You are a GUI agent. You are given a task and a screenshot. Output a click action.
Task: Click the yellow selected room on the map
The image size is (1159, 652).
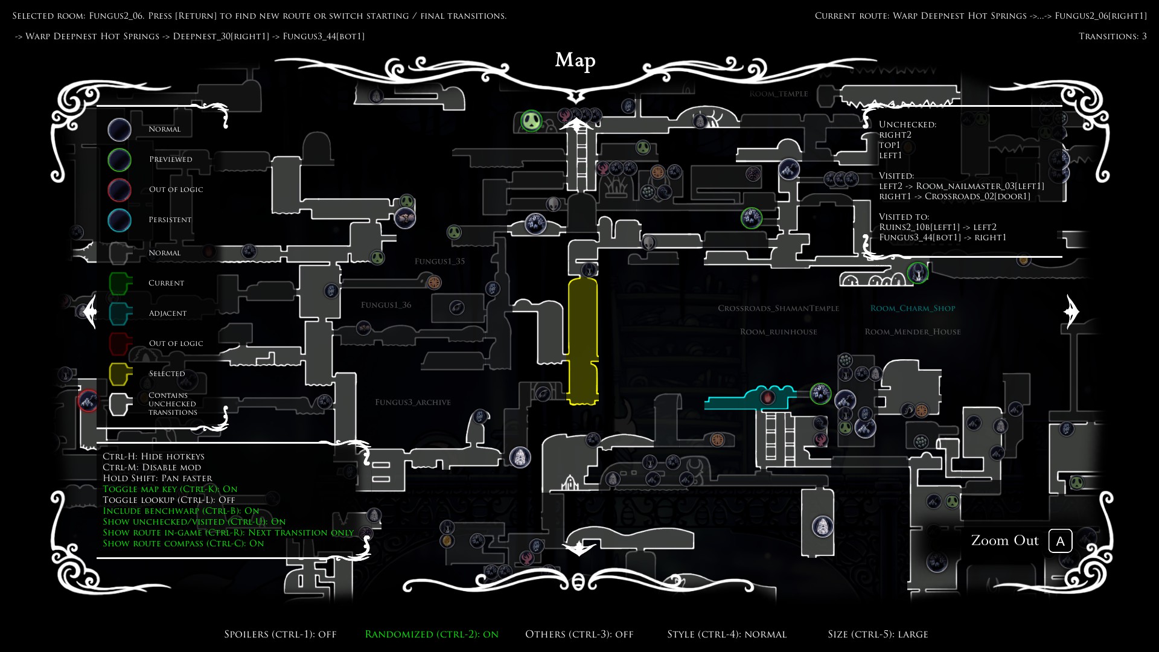point(583,341)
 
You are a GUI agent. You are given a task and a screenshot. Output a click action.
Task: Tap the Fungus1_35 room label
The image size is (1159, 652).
point(439,261)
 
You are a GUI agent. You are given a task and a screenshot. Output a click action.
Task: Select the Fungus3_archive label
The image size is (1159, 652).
point(413,402)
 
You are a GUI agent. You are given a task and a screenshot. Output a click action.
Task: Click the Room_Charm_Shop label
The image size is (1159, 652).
point(913,308)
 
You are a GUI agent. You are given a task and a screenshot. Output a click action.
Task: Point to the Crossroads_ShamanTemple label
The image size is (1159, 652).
point(778,308)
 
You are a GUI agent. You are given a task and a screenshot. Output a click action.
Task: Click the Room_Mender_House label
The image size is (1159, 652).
point(912,332)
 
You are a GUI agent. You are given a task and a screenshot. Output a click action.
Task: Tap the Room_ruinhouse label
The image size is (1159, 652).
point(778,332)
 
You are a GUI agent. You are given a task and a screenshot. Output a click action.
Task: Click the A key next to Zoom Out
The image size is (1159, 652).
point(1060,541)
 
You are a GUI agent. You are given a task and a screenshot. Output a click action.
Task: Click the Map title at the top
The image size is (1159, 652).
point(575,60)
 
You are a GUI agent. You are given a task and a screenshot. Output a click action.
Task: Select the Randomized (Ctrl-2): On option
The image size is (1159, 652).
point(432,634)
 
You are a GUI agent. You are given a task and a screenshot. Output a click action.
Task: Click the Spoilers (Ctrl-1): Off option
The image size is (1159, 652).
point(280,634)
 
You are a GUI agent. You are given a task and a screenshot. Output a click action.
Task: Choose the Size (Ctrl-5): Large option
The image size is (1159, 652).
point(878,634)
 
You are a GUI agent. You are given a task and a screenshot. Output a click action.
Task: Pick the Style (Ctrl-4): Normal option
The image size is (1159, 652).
point(727,634)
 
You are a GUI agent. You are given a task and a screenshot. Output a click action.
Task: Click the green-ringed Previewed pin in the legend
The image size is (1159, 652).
point(120,160)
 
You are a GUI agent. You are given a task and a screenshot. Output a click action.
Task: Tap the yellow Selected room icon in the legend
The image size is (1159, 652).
point(120,374)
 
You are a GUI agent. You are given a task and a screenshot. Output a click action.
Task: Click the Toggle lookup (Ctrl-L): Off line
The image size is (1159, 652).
point(169,500)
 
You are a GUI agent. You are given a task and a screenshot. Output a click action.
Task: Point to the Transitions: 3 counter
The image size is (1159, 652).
point(1113,36)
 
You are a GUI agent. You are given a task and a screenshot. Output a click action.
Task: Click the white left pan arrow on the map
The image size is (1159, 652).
point(89,311)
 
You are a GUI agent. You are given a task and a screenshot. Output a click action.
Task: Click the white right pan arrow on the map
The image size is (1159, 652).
point(1071,311)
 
